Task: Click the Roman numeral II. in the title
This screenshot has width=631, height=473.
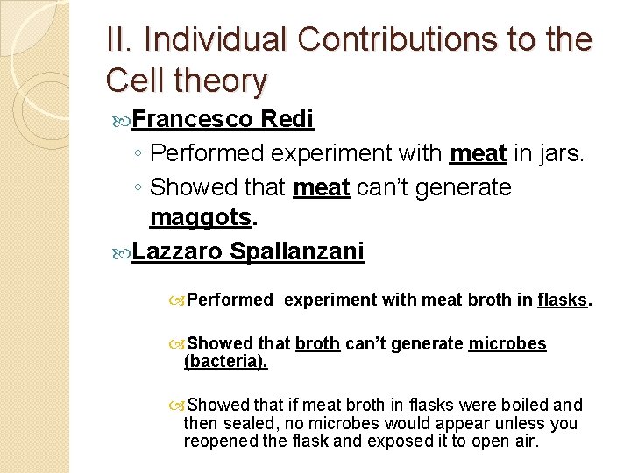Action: tap(120, 40)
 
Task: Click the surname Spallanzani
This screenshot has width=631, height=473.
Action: tap(297, 252)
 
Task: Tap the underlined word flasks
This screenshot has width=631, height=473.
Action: tap(562, 300)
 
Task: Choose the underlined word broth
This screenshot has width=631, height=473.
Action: tap(317, 344)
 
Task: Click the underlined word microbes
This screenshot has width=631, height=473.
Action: tap(507, 344)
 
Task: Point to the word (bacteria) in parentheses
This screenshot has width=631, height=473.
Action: tap(225, 361)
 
